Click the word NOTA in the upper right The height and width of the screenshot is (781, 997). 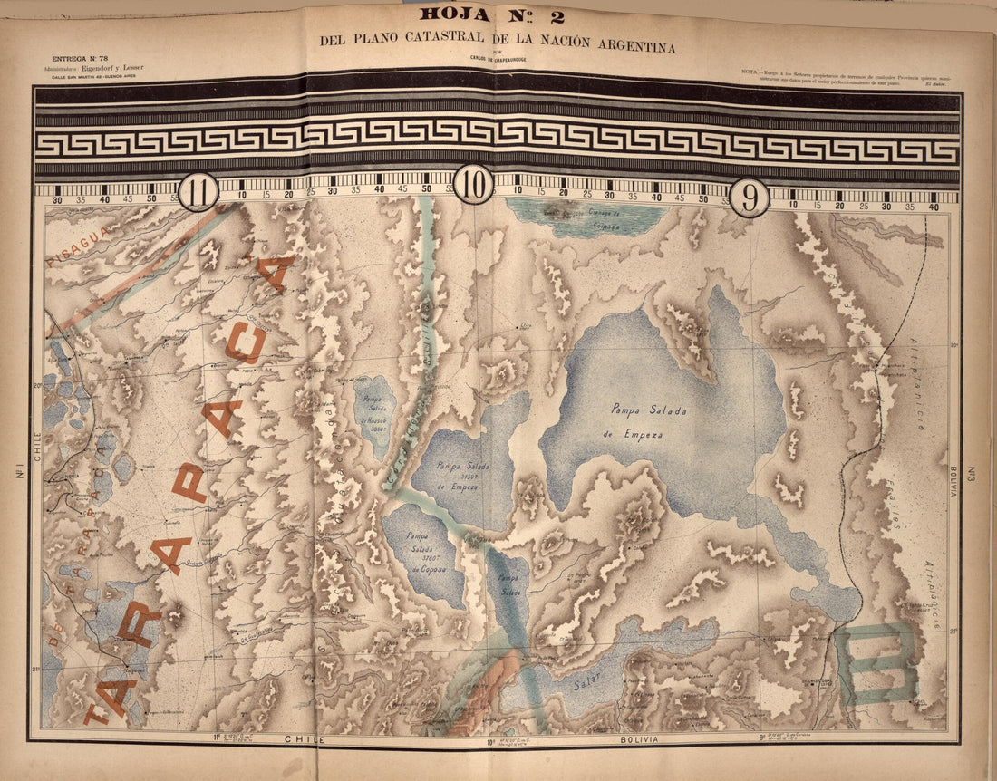click(x=750, y=71)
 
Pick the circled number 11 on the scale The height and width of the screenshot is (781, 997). click(x=198, y=192)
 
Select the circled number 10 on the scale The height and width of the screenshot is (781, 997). click(x=473, y=185)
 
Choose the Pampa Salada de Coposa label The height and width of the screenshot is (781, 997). click(x=422, y=552)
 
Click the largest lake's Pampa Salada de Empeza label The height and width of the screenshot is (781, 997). click(x=649, y=422)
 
